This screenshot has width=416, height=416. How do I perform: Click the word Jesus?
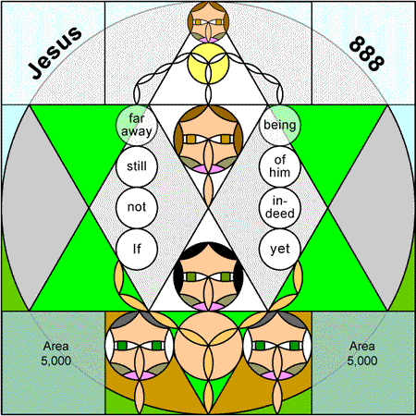55,52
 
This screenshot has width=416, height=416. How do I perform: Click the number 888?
367,54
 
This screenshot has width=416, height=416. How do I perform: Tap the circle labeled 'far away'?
137,125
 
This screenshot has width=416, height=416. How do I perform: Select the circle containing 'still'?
137,166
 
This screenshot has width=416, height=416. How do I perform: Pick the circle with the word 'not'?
137,208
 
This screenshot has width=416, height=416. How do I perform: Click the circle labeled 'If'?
137,249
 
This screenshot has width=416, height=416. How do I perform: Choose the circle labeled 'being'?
280,125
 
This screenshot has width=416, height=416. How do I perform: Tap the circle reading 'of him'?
280,166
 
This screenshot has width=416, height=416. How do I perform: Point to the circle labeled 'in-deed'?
280,208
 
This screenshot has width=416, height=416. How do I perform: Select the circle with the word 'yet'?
280,249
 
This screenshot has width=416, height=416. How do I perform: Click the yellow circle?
208,63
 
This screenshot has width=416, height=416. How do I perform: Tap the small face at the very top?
208,22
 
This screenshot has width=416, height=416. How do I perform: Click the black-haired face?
208,276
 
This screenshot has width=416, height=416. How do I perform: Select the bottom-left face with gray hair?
140,346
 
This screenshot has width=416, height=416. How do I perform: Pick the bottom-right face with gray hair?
277,346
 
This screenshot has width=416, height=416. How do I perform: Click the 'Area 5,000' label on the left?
56,353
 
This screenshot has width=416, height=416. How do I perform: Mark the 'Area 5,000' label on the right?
362,353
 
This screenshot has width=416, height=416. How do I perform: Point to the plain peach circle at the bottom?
208,346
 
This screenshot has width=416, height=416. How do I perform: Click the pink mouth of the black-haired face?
208,306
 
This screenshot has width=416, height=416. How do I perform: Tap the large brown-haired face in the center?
208,140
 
